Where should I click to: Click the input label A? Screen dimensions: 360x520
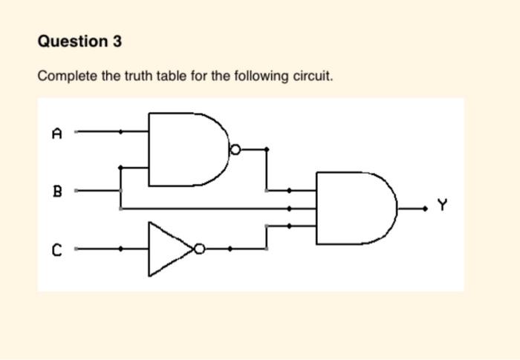coord(56,134)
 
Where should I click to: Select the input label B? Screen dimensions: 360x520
coord(56,191)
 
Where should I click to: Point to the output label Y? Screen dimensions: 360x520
coord(443,204)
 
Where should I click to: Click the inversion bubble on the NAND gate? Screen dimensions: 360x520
coord(234,149)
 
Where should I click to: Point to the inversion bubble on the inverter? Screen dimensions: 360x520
coord(198,249)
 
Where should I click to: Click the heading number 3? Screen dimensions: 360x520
coord(117,42)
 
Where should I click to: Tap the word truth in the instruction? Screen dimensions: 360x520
coord(131,76)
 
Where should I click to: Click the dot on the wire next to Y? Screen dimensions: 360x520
coord(426,209)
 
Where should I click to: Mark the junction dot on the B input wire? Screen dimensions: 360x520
coord(121,190)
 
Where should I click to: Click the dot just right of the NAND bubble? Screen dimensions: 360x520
coord(267,149)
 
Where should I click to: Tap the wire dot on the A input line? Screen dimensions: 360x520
coord(121,132)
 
